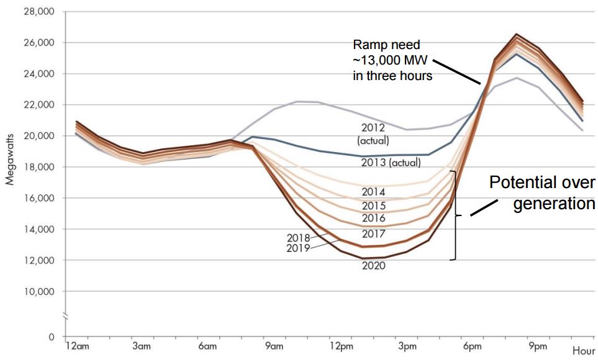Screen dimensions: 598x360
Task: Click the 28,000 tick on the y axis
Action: pos(40,11)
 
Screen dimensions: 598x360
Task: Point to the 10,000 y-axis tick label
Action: pos(40,291)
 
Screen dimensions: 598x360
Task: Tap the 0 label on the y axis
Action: pos(52,337)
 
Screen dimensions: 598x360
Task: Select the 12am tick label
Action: pos(78,346)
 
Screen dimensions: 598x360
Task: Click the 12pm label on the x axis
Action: pos(342,346)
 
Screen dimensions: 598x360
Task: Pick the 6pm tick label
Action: pos(472,346)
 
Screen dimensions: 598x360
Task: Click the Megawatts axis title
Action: pos(10,159)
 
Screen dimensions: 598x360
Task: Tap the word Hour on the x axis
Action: pos(584,351)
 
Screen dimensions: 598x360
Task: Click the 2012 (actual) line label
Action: pos(373,134)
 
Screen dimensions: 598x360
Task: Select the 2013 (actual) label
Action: pos(391,163)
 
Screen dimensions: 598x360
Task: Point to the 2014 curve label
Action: pos(373,192)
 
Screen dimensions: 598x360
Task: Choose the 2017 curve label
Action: pos(373,234)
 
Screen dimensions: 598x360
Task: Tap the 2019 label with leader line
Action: pos(298,248)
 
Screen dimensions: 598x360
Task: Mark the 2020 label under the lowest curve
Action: pos(373,266)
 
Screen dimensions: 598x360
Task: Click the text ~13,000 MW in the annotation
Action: pos(390,60)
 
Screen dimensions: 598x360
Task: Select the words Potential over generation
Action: pos(542,193)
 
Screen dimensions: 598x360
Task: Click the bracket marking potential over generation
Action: pos(455,215)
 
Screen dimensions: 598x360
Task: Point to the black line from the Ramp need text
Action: pos(456,72)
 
